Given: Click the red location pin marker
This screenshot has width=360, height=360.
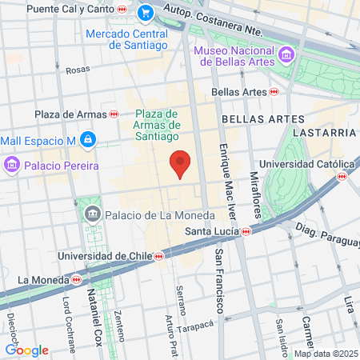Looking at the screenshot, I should coord(181,163).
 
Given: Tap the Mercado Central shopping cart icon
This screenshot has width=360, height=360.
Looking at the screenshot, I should coord(145,13).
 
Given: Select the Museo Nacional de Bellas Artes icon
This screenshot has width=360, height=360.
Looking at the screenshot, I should coord(286,55).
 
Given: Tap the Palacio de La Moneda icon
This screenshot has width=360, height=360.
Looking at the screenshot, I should coord(94,215).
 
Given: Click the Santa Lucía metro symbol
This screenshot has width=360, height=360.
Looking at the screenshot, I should coord(246,232).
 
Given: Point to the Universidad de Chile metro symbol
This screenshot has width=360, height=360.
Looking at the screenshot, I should coord(159,256).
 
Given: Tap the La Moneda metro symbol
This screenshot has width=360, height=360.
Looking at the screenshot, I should coord(76,280).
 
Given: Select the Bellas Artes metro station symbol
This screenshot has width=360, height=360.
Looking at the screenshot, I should coord(274,92).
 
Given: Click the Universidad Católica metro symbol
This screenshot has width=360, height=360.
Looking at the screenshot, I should coord(342,176).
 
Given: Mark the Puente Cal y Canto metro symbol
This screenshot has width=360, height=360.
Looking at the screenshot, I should coord(121,9).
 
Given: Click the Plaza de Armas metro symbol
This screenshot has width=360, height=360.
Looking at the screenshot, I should coord(114,114).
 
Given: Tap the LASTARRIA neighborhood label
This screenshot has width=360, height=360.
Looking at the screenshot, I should coord(323,132).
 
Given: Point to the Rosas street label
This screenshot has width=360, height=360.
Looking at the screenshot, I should coord(78,70).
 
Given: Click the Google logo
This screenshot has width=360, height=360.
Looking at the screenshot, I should coord(26,350).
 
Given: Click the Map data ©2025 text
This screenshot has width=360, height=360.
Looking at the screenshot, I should coord(326,354).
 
